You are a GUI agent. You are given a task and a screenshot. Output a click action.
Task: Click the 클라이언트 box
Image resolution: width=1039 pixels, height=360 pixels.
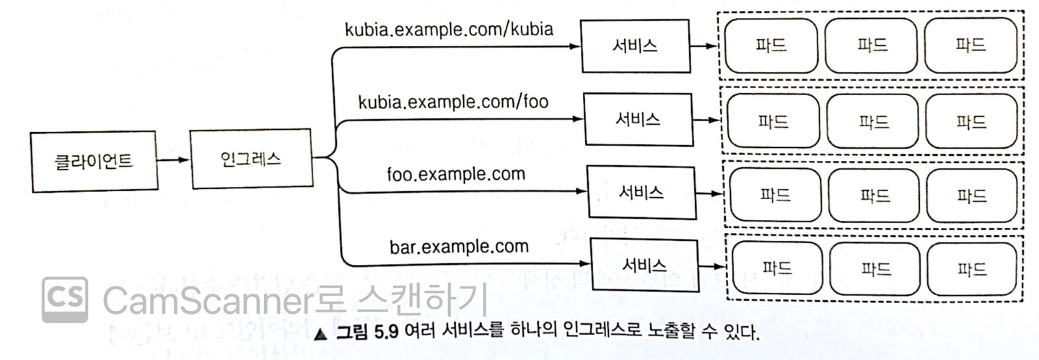pos(94,161)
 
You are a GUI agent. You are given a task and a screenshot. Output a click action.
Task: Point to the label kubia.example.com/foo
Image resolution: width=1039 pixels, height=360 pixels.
pos(453,102)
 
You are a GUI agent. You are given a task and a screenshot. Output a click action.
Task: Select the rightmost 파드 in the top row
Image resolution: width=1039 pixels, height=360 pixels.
pos(970,45)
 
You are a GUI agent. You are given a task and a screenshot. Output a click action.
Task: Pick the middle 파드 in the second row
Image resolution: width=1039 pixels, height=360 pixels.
pos(872,121)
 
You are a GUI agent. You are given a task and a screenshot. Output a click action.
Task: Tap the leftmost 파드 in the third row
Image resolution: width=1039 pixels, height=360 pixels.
pos(776,195)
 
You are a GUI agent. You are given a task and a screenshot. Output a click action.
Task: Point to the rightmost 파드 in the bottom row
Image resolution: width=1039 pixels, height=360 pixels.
pos(972,269)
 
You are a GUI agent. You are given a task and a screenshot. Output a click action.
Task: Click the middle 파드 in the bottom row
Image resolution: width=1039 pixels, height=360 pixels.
pos(874,269)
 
